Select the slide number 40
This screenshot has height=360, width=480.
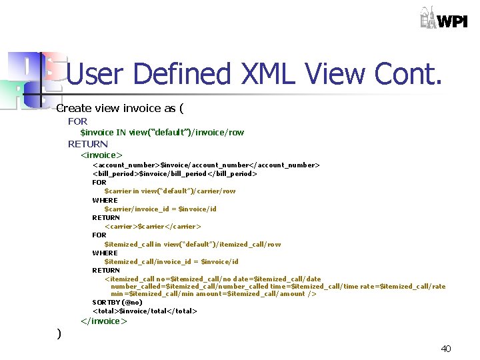tap(446, 349)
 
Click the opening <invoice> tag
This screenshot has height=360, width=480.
tap(101, 155)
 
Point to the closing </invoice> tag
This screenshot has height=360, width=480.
tap(103, 321)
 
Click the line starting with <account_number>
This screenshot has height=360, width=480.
tap(206, 165)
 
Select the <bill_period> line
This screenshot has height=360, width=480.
tap(175, 173)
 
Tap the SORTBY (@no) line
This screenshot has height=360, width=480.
tap(117, 302)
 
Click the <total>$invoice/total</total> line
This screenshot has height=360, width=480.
tap(145, 311)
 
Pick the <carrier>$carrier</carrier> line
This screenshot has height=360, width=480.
tap(153, 226)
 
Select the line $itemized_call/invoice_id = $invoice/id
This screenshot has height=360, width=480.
tap(171, 261)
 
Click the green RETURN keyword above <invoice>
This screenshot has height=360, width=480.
tap(87, 144)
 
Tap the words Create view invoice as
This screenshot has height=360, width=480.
tap(119, 108)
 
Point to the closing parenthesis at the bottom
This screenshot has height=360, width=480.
tap(59, 333)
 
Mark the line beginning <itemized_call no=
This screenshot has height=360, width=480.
tap(213, 279)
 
